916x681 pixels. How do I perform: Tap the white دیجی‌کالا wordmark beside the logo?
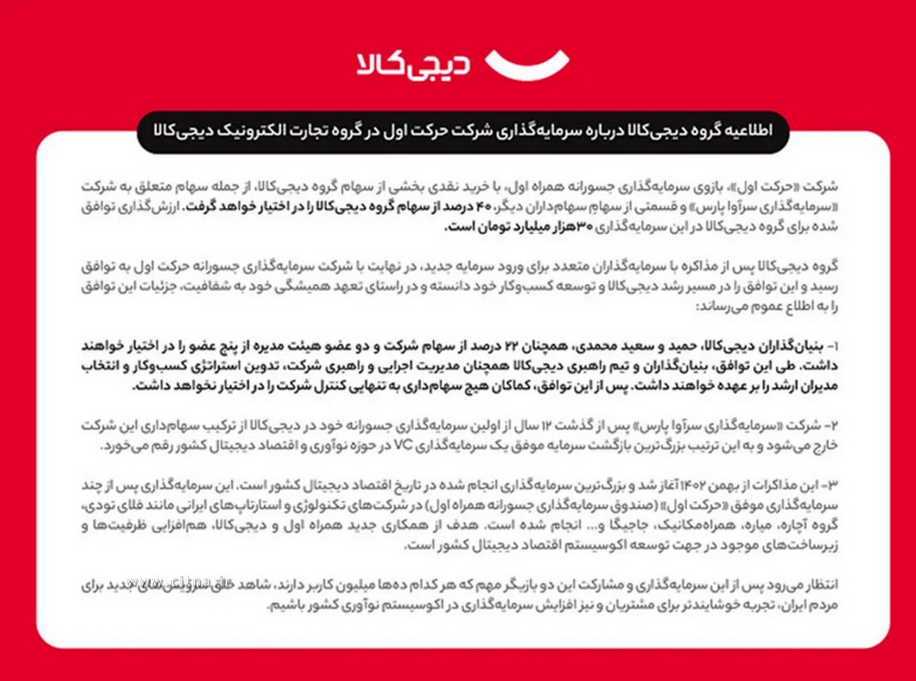point(414,64)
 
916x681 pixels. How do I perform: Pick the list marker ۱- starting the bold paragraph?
point(833,347)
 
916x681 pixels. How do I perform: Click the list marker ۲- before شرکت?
point(832,427)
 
